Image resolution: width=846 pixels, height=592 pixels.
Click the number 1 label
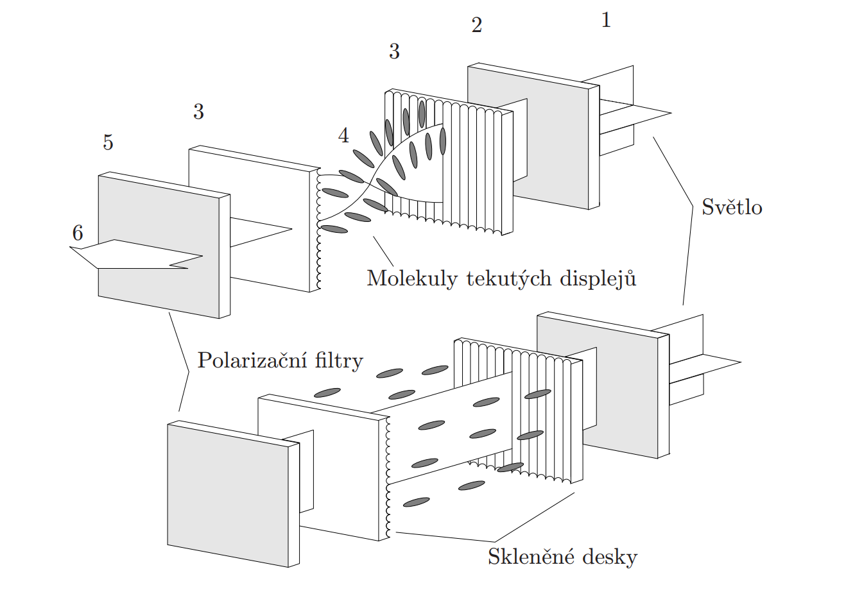[x=605, y=21]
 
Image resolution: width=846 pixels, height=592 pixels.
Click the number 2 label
[x=476, y=26]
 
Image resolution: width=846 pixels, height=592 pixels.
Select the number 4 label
[x=344, y=135]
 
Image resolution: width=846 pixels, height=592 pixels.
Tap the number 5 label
[x=108, y=142]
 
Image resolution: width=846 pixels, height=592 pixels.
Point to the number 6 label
[x=78, y=233]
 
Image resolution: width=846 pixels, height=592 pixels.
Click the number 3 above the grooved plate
[x=394, y=51]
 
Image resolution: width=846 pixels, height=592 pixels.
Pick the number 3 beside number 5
[x=198, y=112]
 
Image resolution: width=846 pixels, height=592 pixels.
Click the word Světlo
[x=732, y=207]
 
